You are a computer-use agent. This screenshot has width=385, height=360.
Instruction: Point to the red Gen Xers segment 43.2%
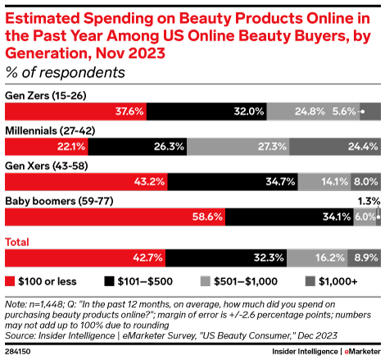[x=86, y=181]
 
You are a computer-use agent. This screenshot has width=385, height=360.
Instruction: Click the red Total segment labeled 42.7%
[x=85, y=257]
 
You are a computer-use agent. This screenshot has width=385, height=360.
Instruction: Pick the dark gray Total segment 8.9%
[x=363, y=257]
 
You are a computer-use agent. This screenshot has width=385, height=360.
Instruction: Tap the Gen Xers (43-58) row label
[x=46, y=165]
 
